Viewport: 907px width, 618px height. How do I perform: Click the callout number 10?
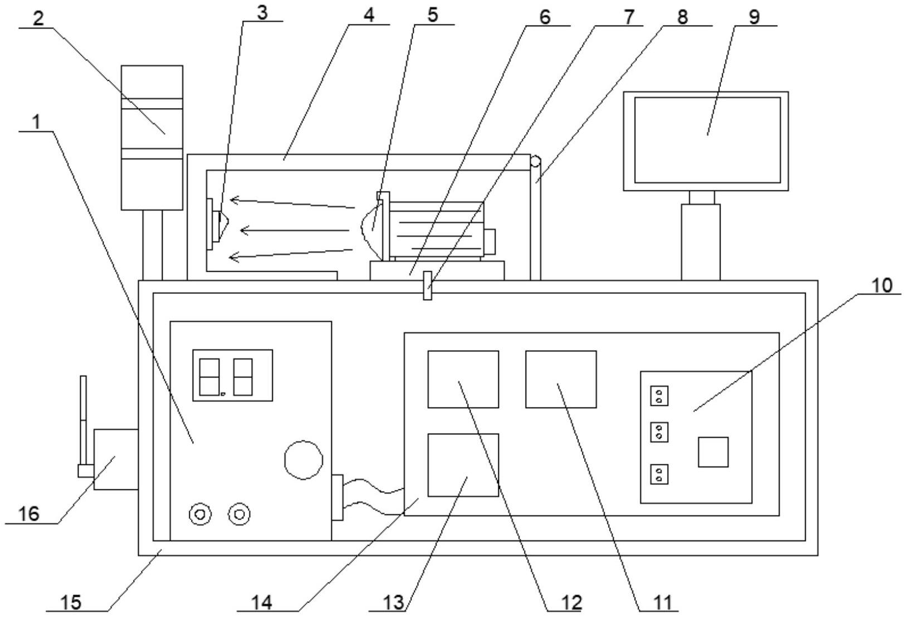(x=882, y=286)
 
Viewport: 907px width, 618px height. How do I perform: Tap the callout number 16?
(x=29, y=514)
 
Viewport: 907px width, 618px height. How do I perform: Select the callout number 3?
(x=262, y=13)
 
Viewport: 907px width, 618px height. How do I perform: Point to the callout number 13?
(x=394, y=603)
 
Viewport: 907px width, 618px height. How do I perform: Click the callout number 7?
(x=628, y=17)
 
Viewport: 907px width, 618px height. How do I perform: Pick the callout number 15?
(x=71, y=602)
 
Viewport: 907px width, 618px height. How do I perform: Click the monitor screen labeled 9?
(x=707, y=140)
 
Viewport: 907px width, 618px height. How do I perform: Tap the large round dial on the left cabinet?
(x=303, y=460)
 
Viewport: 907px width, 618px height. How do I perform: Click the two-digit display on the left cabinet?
(x=232, y=375)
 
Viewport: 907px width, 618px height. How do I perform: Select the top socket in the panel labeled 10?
(x=659, y=396)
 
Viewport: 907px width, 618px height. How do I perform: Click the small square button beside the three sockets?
(x=713, y=452)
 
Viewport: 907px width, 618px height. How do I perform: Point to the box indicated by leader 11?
(x=561, y=379)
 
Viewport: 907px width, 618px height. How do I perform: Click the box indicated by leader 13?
(x=463, y=465)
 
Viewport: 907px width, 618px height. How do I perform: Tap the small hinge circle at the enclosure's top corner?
(x=535, y=161)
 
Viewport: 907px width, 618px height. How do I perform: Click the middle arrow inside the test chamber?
(x=295, y=231)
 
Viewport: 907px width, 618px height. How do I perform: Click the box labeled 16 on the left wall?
(x=116, y=459)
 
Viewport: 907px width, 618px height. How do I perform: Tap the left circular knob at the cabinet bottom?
(x=200, y=514)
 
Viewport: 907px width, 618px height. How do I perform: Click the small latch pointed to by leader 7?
(x=427, y=286)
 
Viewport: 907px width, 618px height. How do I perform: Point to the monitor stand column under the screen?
(x=700, y=242)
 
